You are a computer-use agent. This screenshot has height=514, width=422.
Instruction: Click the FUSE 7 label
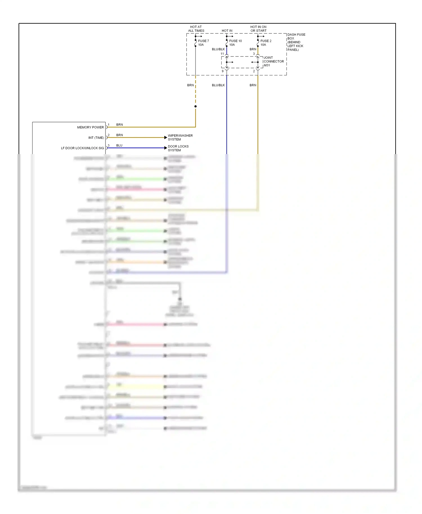(203, 41)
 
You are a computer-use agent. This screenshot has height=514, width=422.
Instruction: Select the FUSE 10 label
(235, 41)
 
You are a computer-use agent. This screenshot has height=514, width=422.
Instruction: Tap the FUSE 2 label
(266, 41)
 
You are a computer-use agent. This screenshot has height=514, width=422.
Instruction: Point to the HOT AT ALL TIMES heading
(196, 29)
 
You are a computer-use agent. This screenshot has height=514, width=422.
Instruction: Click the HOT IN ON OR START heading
(258, 29)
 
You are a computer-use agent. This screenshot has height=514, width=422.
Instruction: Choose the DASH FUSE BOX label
(296, 42)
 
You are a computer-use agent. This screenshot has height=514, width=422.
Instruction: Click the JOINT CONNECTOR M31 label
(273, 61)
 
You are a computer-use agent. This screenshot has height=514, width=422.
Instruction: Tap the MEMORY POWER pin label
(90, 127)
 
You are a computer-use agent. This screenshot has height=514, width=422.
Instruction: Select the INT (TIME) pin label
(96, 138)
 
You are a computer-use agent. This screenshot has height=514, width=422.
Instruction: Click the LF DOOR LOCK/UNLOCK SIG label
(82, 148)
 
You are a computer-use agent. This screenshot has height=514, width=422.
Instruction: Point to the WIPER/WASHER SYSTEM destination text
(180, 137)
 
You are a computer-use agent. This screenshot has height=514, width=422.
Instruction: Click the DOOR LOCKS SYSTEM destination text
(178, 148)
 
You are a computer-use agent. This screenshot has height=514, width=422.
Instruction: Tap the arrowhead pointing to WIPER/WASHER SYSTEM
(166, 137)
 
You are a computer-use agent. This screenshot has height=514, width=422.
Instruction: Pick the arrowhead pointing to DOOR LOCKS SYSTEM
(166, 148)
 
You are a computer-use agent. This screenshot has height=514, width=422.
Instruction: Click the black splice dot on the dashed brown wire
(196, 106)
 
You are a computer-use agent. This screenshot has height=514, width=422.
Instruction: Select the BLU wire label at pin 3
(119, 145)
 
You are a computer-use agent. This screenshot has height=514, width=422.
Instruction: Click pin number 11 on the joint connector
(222, 54)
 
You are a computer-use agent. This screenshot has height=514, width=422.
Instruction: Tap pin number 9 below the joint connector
(223, 71)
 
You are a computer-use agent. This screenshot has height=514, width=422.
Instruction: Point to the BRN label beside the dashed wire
(190, 85)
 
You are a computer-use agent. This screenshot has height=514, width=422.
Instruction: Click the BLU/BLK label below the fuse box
(218, 85)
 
